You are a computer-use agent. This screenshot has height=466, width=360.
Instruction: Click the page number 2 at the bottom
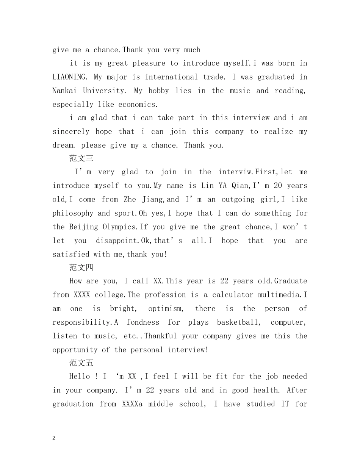[x=54, y=438]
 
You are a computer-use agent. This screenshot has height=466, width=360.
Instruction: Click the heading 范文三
[x=81, y=158]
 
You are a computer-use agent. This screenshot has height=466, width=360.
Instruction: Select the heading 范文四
[x=81, y=267]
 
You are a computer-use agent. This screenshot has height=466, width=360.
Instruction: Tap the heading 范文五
[x=81, y=363]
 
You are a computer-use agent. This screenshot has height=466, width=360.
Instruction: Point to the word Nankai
[x=64, y=91]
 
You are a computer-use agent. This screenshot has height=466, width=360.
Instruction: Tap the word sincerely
[x=71, y=131]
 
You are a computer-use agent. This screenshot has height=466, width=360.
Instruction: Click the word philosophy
[x=73, y=213]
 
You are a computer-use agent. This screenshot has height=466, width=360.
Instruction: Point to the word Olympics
[x=120, y=227]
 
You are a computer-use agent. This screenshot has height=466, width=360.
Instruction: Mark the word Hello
[x=80, y=377]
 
